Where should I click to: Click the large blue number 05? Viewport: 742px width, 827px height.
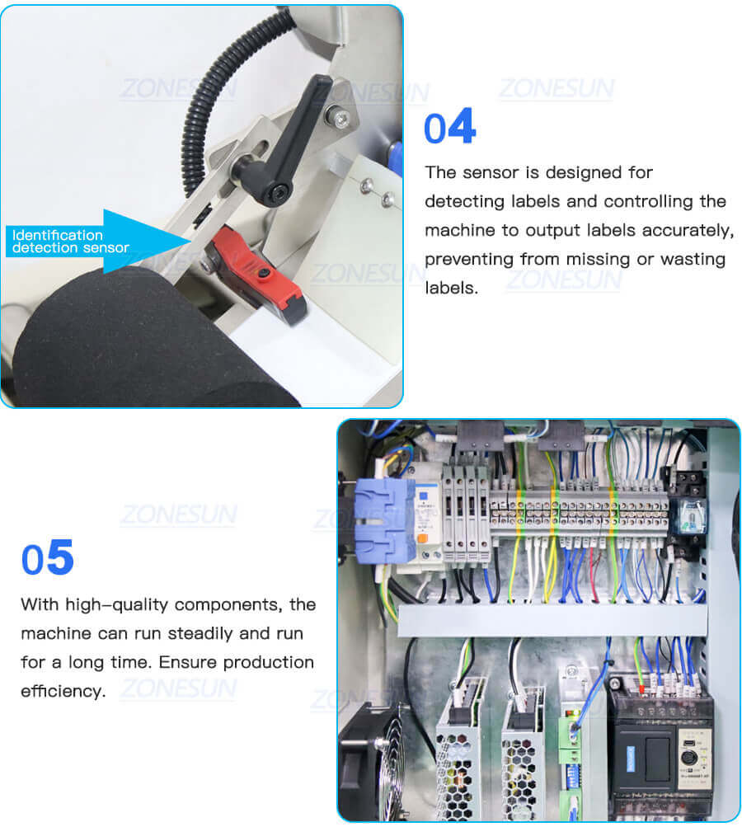(48, 558)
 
